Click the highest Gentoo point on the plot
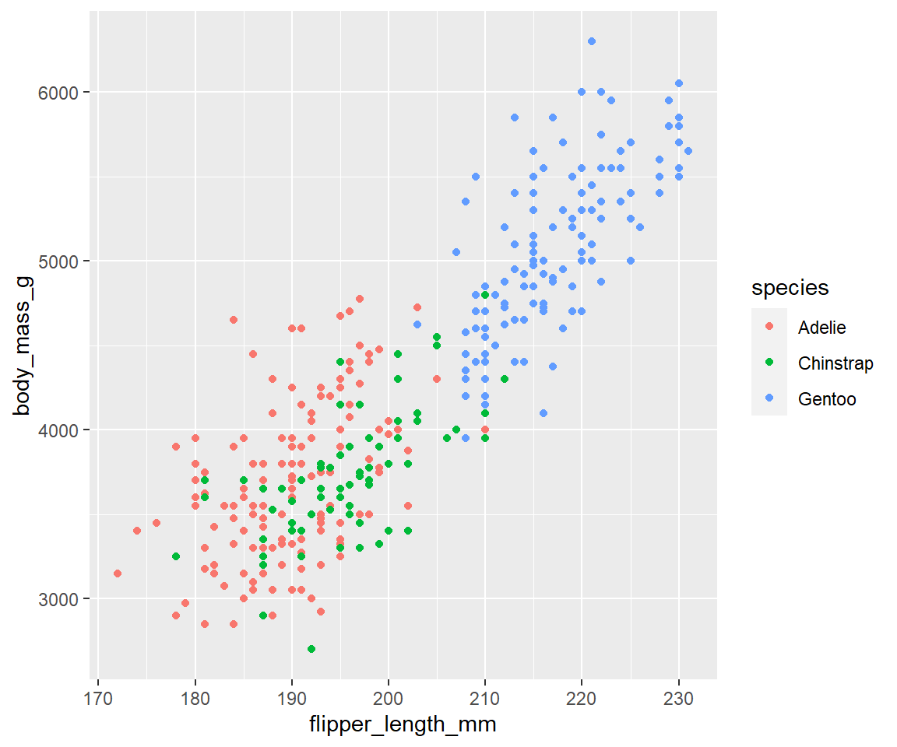coord(591,41)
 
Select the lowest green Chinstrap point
coord(311,649)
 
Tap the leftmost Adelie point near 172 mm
coord(118,573)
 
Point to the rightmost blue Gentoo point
coord(688,151)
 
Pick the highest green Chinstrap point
coord(485,295)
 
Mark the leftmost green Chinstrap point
coord(176,556)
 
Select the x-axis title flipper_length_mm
coord(403,725)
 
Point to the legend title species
coord(790,289)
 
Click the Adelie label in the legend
coord(821,328)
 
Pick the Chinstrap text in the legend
coord(835,363)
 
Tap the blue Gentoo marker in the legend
coord(769,399)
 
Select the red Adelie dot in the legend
coord(769,328)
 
